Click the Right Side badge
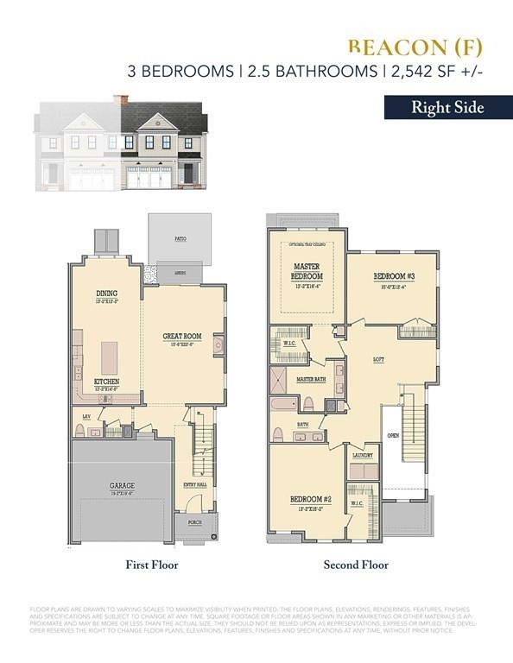coord(446,108)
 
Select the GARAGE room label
coord(121,486)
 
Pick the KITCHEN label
coord(107,381)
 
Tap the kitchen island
coord(110,355)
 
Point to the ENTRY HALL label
coord(195,485)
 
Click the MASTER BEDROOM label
coord(307,271)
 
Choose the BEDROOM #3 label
coord(389,276)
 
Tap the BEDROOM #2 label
coord(307,500)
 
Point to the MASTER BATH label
coord(310,379)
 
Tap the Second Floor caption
coord(356,565)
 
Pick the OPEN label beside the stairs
coord(393,435)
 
